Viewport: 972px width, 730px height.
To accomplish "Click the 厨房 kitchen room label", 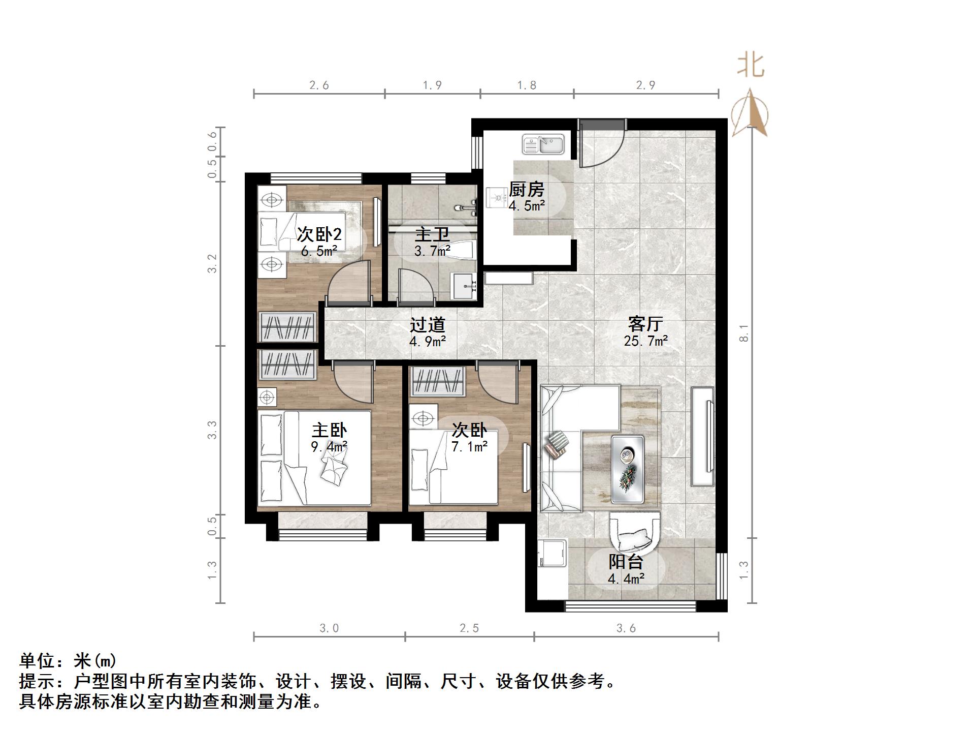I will tap(527, 190).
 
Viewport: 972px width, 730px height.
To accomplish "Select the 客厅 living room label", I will tap(645, 324).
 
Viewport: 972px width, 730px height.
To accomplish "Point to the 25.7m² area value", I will tap(645, 341).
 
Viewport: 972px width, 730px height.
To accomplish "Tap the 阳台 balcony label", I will tap(626, 562).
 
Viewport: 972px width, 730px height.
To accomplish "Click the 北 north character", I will tap(751, 66).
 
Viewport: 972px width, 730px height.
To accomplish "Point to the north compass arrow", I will tap(750, 113).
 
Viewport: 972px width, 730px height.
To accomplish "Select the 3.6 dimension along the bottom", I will tap(626, 628).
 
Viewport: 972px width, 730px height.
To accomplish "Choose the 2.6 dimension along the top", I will tap(319, 85).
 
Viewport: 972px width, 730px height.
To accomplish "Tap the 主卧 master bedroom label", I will tap(329, 430).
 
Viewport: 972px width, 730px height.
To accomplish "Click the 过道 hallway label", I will tap(428, 324).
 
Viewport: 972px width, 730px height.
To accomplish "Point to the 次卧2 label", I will tap(319, 234).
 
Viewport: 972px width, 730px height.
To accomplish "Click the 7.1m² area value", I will tap(470, 447).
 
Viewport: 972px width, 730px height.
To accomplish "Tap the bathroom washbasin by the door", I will tap(463, 287).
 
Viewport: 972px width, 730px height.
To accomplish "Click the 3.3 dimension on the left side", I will tap(212, 430).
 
